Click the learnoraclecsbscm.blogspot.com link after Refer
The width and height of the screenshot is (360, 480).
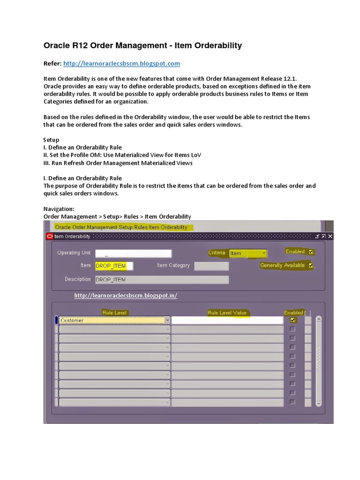pos(121,63)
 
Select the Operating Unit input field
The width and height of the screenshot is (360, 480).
pos(133,254)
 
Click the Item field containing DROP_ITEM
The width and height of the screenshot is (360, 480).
pos(113,266)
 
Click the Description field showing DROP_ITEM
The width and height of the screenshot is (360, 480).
pos(161,279)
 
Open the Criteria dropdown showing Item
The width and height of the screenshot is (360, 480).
pos(247,254)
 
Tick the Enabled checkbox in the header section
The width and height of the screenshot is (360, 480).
pos(311,252)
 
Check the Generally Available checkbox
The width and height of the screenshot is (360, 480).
pos(311,266)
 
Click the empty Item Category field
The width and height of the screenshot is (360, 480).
pos(211,266)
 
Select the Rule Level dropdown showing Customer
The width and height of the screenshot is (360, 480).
pos(114,320)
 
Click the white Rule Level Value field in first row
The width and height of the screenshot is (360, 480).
pos(227,320)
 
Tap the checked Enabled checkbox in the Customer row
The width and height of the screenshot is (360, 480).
pos(293,320)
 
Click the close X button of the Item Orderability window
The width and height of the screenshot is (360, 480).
pos(330,237)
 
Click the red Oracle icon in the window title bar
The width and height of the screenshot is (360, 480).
pos(50,237)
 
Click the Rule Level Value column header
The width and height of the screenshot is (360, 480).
pos(227,313)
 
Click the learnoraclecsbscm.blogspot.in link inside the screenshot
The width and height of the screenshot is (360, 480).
pos(126,296)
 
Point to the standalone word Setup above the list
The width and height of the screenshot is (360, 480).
pos(52,140)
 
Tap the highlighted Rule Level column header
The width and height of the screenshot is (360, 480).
pos(114,313)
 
